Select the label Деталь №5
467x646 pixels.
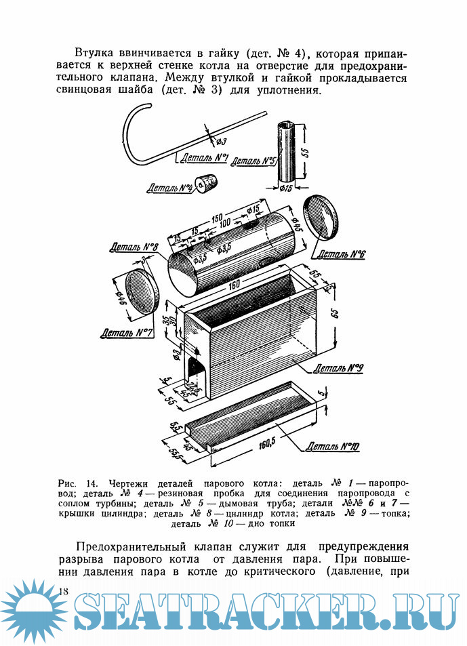pos(253,161)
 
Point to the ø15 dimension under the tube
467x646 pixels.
pos(285,188)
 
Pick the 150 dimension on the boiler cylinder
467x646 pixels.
pos(217,219)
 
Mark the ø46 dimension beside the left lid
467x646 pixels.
pos(114,296)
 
